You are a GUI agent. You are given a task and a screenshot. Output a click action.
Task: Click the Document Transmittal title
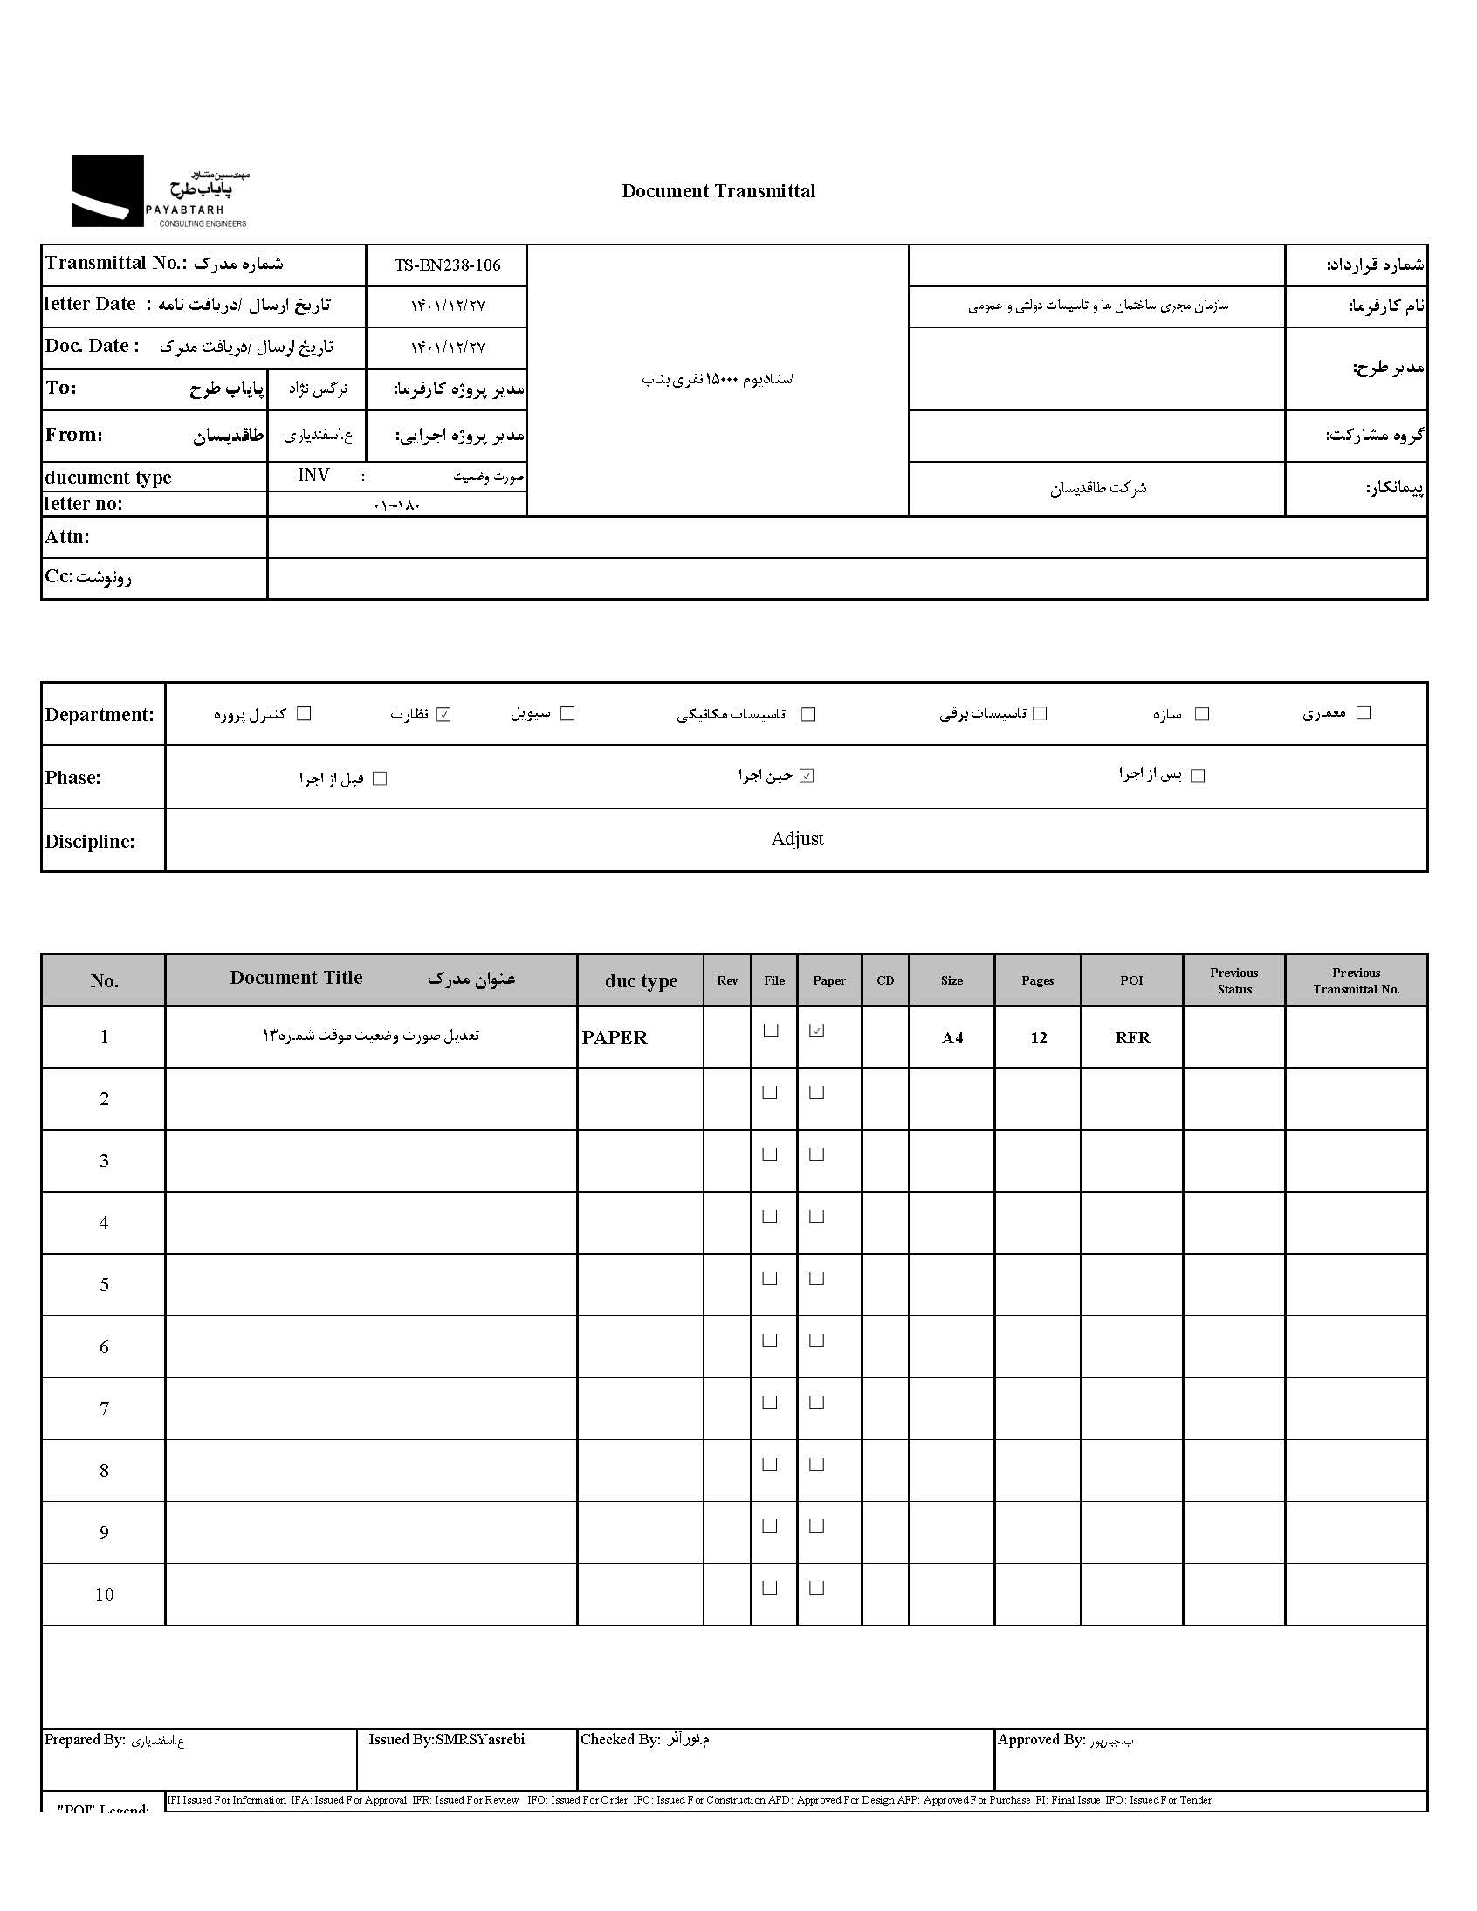click(x=718, y=190)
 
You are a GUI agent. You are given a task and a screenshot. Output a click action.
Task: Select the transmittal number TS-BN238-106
click(x=447, y=265)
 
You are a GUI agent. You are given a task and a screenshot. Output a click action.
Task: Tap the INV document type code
click(x=313, y=475)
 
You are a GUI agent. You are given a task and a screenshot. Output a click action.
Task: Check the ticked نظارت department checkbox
click(x=444, y=714)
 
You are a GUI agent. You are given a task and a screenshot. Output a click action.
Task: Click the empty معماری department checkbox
click(x=1363, y=713)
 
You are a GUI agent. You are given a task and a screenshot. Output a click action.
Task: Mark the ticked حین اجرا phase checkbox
click(x=807, y=775)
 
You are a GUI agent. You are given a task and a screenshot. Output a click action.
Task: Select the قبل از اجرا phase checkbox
click(x=380, y=778)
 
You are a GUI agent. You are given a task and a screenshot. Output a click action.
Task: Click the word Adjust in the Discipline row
click(x=797, y=839)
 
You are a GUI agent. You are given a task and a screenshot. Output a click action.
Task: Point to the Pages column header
click(x=1037, y=981)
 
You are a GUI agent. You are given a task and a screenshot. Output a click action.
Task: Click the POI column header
click(x=1131, y=981)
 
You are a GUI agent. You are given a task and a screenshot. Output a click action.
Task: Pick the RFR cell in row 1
click(x=1132, y=1038)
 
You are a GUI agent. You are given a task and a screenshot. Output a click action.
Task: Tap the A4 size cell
click(x=952, y=1038)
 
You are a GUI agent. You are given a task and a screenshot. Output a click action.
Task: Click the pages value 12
click(x=1039, y=1038)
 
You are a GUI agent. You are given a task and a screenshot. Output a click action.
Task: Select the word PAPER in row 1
click(x=615, y=1038)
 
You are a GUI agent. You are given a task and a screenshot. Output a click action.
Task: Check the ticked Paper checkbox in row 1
click(x=816, y=1031)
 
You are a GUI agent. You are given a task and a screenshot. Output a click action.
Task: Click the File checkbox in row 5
click(x=770, y=1278)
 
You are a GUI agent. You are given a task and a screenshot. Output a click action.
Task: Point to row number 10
click(x=104, y=1594)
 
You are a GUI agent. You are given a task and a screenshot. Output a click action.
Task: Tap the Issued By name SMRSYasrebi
click(x=479, y=1740)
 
